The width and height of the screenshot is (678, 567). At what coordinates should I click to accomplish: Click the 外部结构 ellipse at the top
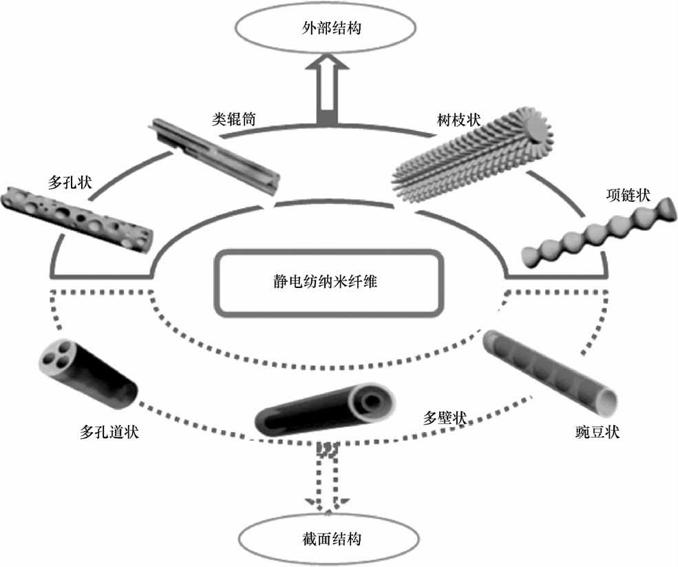(x=326, y=29)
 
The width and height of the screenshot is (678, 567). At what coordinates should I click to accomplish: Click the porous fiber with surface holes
(x=76, y=216)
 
